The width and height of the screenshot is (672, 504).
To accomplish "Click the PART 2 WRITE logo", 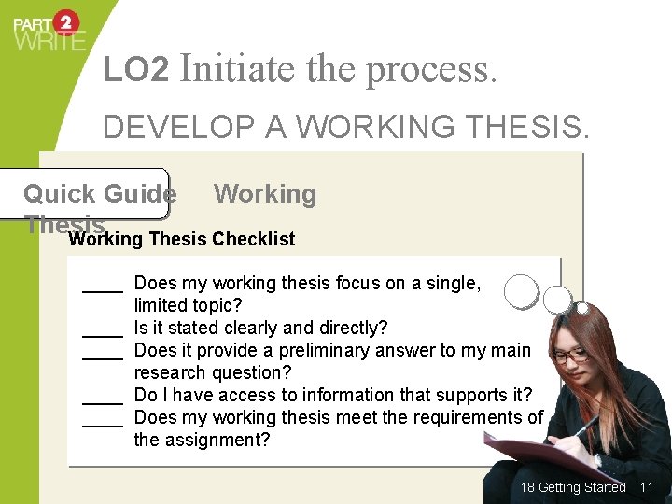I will (49, 30).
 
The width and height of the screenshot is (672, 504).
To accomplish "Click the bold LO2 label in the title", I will (136, 70).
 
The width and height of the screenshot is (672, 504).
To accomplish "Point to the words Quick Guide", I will (99, 194).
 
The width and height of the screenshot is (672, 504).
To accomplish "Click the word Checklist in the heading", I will (253, 239).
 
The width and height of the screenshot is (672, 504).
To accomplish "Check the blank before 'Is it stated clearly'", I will (103, 329).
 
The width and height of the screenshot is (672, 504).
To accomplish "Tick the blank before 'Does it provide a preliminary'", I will (103, 352).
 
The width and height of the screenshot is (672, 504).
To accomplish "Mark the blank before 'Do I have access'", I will (103, 397).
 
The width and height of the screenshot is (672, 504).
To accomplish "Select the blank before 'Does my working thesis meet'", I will (103, 419).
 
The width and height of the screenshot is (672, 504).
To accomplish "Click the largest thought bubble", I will (521, 290).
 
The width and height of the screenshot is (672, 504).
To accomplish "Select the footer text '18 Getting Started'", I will (572, 487).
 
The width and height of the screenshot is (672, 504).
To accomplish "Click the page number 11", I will (646, 487).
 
